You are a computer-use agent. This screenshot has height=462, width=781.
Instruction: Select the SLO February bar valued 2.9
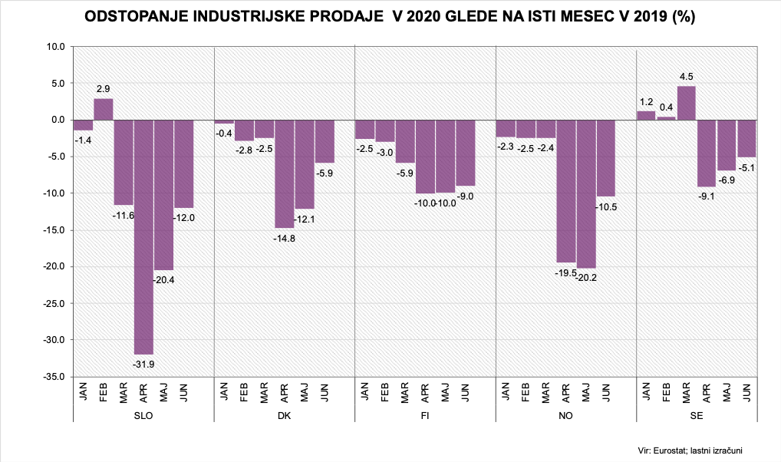pyautogui.click(x=104, y=109)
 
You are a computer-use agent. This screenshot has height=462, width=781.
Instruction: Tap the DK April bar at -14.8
pyautogui.click(x=285, y=173)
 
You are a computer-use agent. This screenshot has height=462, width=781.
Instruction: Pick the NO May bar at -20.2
pyautogui.click(x=587, y=193)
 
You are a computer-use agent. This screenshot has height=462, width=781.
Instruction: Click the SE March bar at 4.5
pyautogui.click(x=687, y=103)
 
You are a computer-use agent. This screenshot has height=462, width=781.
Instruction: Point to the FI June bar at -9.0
pyautogui.click(x=466, y=153)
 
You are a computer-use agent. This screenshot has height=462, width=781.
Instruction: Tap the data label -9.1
pyautogui.click(x=707, y=196)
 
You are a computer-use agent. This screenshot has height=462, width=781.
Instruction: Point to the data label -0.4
pyautogui.click(x=223, y=134)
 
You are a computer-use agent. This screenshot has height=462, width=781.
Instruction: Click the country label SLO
pyautogui.click(x=143, y=415)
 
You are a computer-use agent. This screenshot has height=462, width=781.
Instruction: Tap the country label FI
pyautogui.click(x=426, y=415)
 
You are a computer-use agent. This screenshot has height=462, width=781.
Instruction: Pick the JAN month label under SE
pyautogui.click(x=647, y=391)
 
